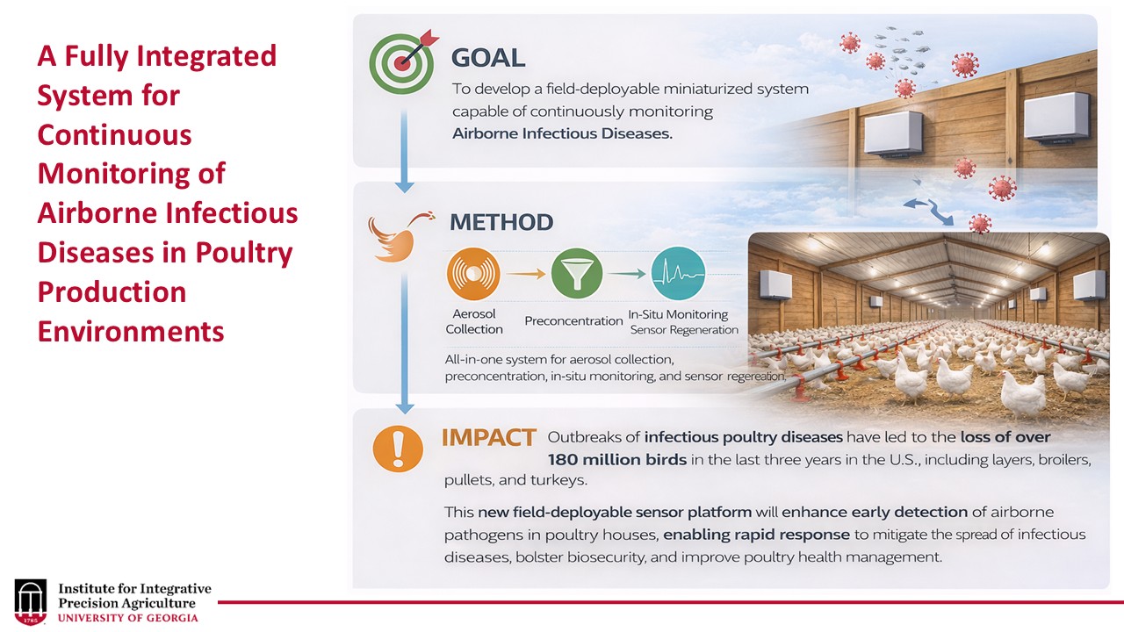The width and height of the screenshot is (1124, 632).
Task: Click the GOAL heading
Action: point(487,59)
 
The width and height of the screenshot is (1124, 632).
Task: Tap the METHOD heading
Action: point(501,222)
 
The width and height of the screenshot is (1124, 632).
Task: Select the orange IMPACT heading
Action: point(488,438)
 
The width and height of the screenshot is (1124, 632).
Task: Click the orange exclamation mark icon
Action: point(399,449)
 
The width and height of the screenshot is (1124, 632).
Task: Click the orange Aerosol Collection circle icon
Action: point(473,274)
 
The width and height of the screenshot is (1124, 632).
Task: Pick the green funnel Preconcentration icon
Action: point(576,273)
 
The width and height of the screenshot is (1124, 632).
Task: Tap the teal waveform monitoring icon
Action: point(678,273)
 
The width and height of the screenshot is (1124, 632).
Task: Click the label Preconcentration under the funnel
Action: point(573,321)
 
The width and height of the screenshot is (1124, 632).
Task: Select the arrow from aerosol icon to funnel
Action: point(525,274)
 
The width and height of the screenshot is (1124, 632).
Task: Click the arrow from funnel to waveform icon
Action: point(627,274)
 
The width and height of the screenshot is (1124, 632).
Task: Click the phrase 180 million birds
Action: point(616,460)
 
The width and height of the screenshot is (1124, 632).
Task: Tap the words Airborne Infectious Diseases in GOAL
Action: point(562,134)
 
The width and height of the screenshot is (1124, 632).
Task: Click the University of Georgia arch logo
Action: point(31,601)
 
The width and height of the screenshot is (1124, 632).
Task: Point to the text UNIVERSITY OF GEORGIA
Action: point(128,618)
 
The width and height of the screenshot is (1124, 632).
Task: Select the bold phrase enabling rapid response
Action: point(756,535)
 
